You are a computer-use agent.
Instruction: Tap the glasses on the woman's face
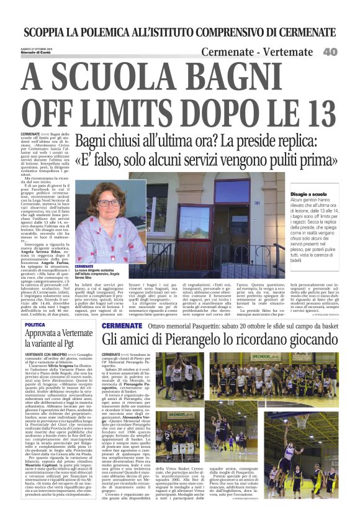(x=108, y=203)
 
